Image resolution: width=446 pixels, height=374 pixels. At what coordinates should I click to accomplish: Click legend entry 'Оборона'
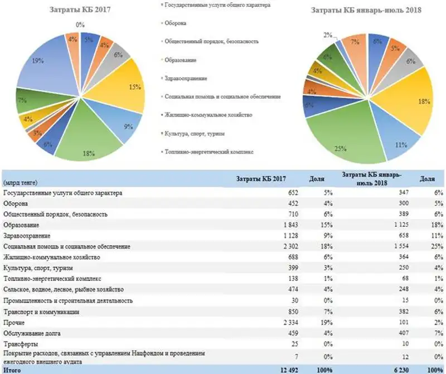coord(176,23)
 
